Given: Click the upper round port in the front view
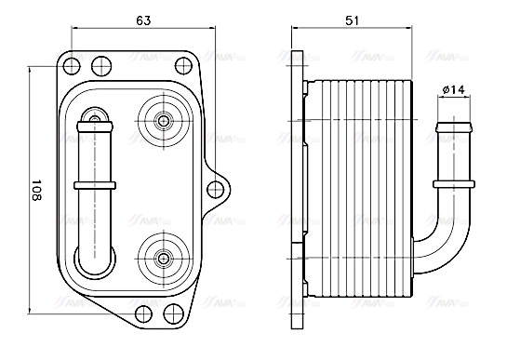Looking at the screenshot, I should (163, 120).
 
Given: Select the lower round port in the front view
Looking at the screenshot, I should (163, 256).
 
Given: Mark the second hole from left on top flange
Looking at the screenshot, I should (98, 64).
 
